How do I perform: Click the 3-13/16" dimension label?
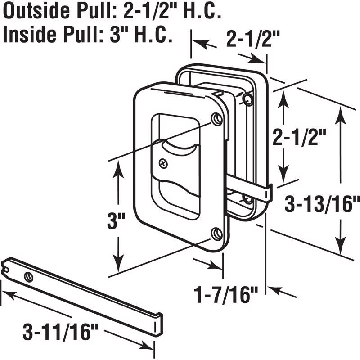(x=323, y=205)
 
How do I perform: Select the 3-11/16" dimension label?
(x=61, y=334)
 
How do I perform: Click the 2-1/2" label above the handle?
(x=250, y=40)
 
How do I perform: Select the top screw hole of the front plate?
(x=217, y=119)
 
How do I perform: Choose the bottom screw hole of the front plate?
(x=216, y=233)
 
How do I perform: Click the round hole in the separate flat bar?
(x=29, y=276)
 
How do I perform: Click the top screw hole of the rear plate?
(x=247, y=98)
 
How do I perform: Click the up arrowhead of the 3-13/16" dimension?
(x=341, y=114)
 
